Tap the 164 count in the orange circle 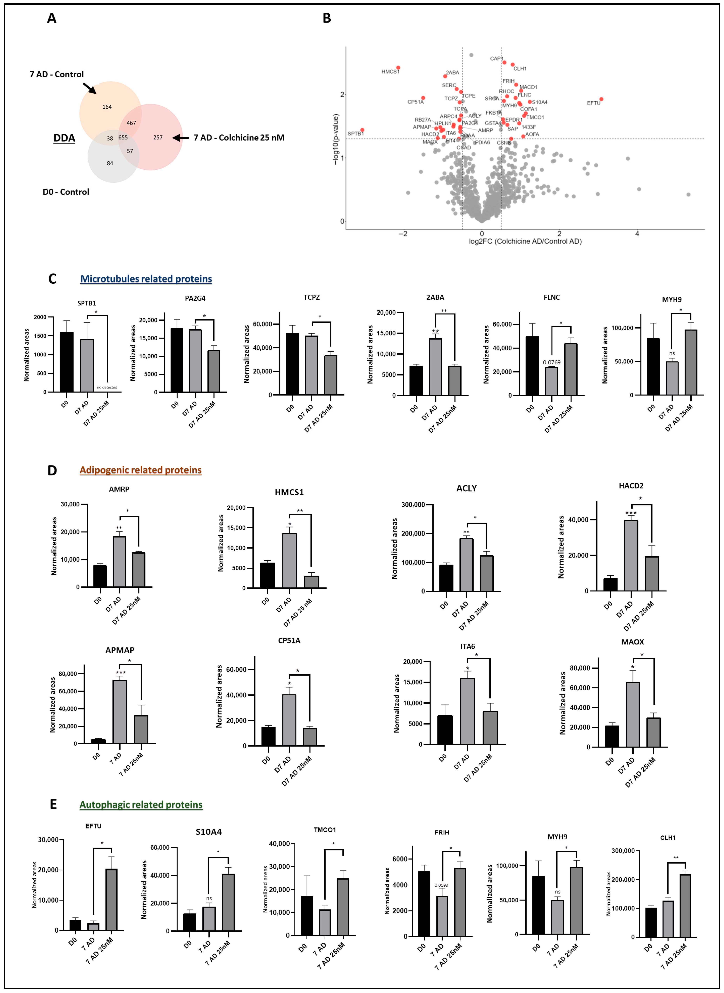(x=107, y=107)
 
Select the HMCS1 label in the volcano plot (x=390, y=71)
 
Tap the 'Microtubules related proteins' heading (x=146, y=279)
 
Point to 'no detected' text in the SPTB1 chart (x=107, y=387)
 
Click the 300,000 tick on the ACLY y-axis (x=413, y=505)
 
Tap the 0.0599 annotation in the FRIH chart (x=441, y=885)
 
